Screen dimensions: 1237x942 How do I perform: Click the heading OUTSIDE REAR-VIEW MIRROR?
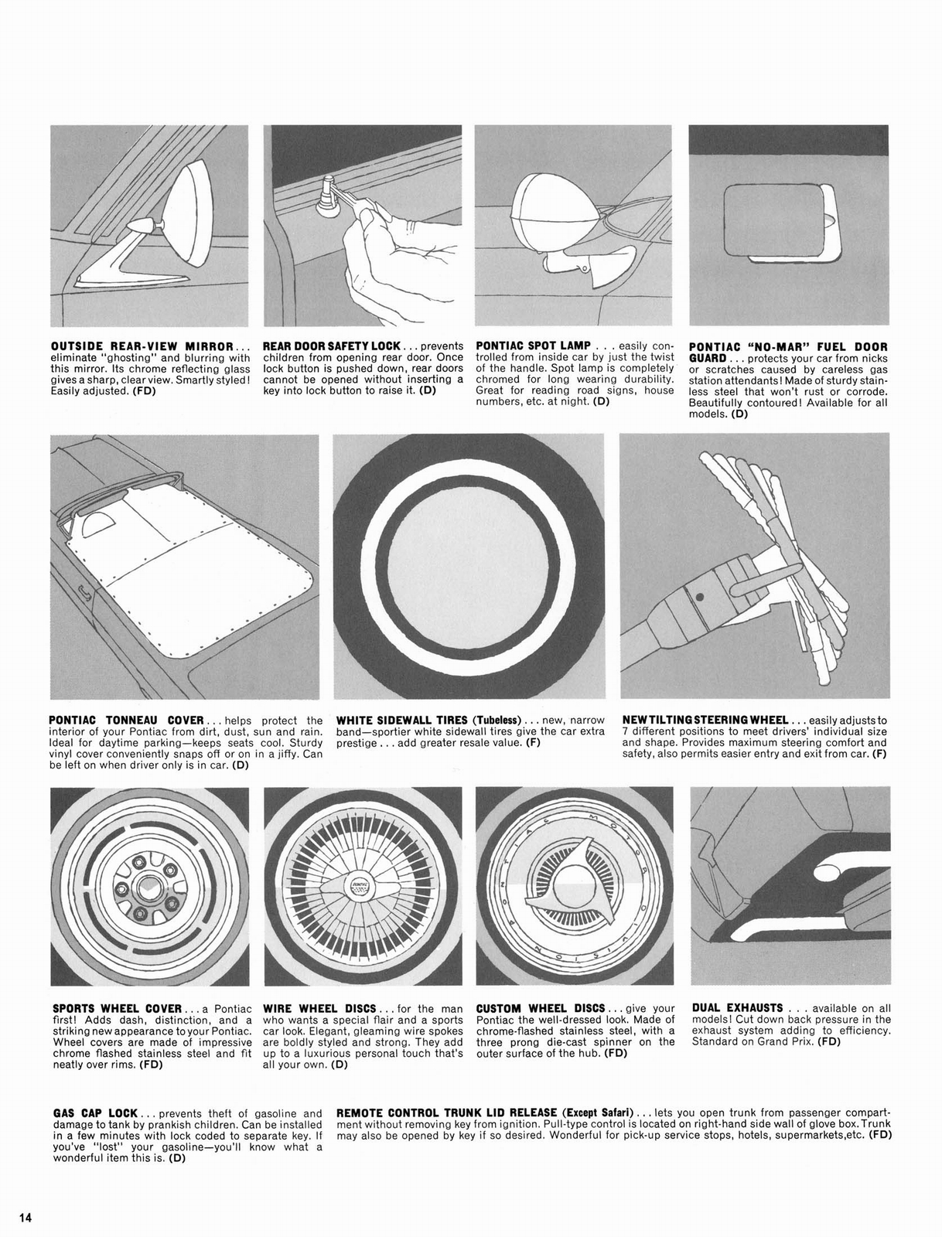pos(142,346)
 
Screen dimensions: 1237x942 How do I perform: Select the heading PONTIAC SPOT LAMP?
pos(534,346)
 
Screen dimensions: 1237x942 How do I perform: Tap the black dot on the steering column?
pos(699,596)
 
